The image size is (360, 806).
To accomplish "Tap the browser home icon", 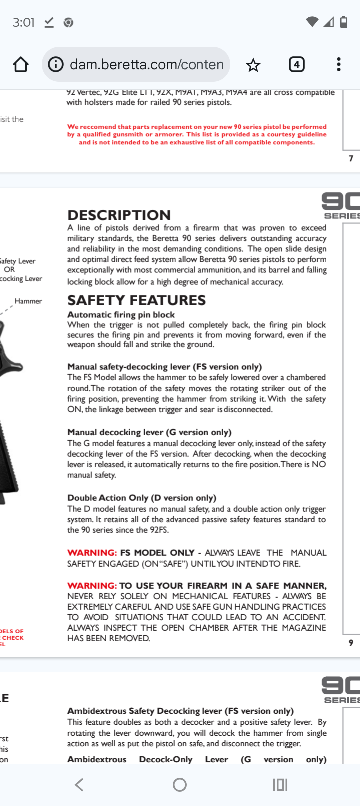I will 21,64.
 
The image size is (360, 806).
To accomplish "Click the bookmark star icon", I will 253,65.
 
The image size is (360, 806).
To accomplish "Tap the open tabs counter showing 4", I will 297,64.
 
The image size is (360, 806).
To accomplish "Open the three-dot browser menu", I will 339,64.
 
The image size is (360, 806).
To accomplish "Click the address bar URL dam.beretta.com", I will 146,64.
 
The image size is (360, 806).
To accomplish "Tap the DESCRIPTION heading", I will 119,215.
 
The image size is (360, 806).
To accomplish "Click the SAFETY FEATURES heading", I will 136,300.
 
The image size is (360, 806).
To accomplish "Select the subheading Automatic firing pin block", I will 121,315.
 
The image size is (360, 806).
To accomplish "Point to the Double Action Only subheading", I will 142,498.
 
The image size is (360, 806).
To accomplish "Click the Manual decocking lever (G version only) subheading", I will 149,432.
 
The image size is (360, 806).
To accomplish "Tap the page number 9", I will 351,643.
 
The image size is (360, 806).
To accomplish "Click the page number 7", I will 351,158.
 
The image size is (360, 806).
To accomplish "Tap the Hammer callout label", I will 28,301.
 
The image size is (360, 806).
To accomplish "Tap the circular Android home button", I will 180,785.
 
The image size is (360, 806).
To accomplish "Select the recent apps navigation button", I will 280,785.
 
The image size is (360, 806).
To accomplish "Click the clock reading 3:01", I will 23,22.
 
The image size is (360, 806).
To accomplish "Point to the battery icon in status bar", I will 344,22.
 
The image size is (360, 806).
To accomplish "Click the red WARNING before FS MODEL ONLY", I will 92,553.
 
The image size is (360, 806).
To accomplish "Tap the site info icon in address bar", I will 56,64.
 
